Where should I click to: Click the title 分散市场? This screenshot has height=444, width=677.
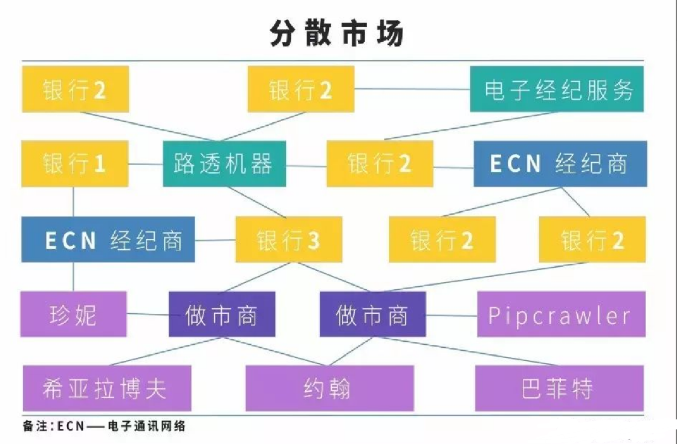tap(336, 34)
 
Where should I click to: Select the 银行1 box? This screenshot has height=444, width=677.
tap(75, 163)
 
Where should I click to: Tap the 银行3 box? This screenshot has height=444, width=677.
tap(288, 240)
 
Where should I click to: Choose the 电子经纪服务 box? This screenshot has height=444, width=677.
tap(557, 90)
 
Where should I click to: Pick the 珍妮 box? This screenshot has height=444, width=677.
tap(74, 314)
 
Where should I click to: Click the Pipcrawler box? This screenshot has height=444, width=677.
tap(560, 315)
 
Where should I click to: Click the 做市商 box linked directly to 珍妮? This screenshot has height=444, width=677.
tap(222, 315)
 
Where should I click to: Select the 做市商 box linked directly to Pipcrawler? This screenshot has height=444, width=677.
tap(372, 315)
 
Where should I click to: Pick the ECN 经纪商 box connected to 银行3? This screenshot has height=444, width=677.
tap(108, 240)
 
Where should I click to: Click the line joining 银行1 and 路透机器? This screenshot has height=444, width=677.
tap(146, 163)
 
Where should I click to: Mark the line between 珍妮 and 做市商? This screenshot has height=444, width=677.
tap(148, 314)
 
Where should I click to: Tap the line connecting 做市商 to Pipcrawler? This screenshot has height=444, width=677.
tap(452, 315)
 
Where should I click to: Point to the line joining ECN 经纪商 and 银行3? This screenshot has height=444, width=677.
tap(215, 240)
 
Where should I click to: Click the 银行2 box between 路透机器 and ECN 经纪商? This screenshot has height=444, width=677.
tap(380, 164)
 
